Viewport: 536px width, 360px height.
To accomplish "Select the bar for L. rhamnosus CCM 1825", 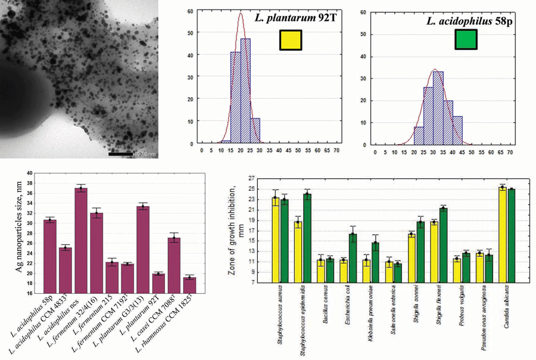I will coord(189,285).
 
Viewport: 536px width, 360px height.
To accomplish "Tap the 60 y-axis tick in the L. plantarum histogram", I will coord(189,11).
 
